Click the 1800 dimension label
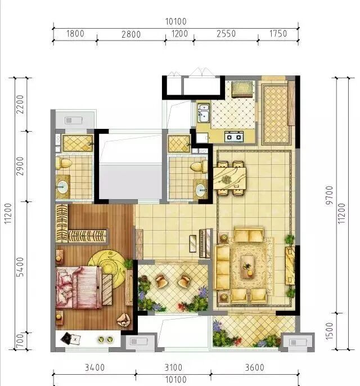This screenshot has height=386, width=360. (75, 34)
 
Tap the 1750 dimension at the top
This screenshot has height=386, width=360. (278, 34)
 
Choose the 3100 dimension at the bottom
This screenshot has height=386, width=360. (173, 369)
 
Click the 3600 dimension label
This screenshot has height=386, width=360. (254, 369)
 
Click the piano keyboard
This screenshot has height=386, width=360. (201, 243)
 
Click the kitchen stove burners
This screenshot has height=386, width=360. (234, 136)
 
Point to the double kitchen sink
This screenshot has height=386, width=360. (203, 114)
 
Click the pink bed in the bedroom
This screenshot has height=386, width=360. (79, 286)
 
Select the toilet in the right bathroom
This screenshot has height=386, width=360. (197, 166)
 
